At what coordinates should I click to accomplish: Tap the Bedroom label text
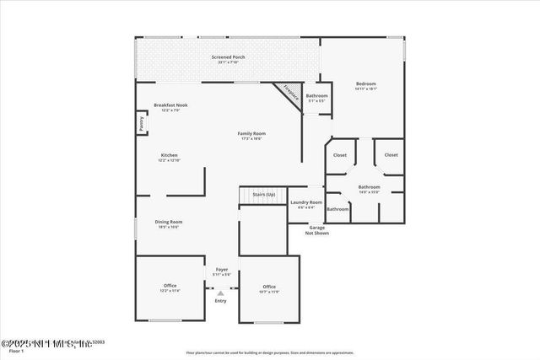point(365,83)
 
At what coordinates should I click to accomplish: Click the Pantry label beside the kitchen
point(141,125)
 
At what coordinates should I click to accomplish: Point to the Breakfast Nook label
point(170,105)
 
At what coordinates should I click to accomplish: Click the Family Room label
point(251,133)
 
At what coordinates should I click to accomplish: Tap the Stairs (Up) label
point(264,195)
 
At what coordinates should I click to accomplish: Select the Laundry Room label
point(306,202)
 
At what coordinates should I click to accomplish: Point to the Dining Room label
point(169,222)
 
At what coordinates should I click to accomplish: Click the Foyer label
point(221,269)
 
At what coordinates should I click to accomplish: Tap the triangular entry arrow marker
point(221,293)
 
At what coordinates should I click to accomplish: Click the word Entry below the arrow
point(221,301)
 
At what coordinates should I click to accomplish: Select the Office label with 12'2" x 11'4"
point(170,286)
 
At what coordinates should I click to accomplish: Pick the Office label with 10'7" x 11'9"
point(269,287)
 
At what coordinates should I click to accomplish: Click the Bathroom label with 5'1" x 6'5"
point(317,95)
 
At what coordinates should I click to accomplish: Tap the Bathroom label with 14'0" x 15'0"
point(369,186)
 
